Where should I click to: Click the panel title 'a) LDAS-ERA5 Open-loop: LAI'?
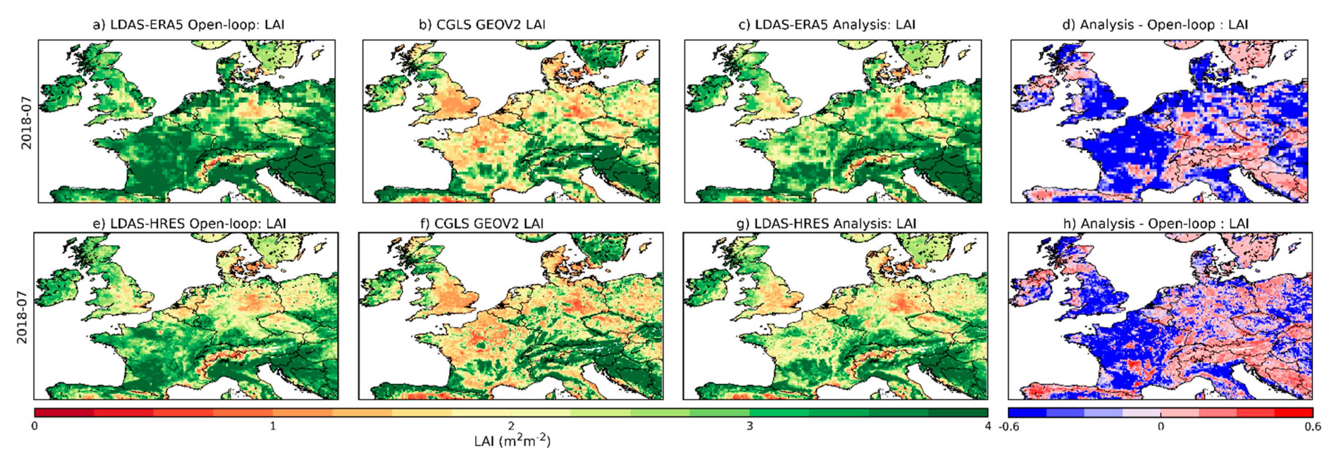(189, 24)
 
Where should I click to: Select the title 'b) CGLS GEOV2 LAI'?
(482, 24)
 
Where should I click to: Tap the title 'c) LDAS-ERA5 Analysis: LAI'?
(827, 24)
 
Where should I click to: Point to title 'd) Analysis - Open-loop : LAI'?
(1155, 24)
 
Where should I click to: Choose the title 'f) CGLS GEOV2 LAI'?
(482, 224)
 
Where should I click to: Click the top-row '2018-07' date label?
(26, 123)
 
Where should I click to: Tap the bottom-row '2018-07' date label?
(22, 317)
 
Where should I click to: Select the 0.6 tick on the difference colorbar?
(1312, 427)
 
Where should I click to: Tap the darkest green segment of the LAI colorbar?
(958, 413)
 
